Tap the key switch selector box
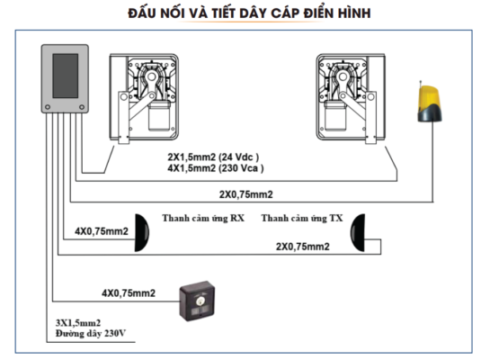click(x=197, y=301)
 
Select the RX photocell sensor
click(x=141, y=233)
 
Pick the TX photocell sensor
click(x=358, y=233)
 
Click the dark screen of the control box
click(x=66, y=76)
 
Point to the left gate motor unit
click(x=144, y=98)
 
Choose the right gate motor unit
click(x=351, y=98)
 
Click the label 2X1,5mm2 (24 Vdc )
click(x=213, y=157)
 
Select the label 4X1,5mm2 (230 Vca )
click(x=216, y=168)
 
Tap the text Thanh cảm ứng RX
click(x=203, y=218)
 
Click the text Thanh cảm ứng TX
click(x=302, y=218)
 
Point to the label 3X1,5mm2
click(x=78, y=323)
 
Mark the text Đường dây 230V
click(x=91, y=333)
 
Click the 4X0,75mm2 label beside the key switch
click(x=129, y=293)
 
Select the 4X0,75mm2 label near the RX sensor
click(x=102, y=231)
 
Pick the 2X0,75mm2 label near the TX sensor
click(x=302, y=247)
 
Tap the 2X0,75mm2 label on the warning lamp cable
click(x=246, y=194)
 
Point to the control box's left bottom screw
click(x=48, y=107)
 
